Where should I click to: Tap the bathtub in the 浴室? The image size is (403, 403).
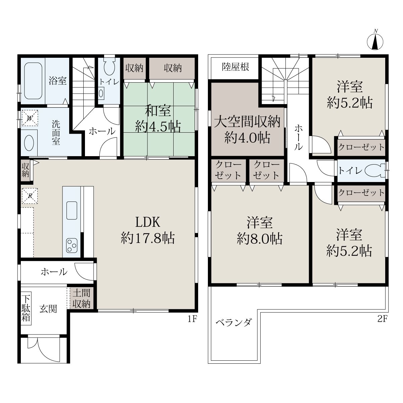(x=33, y=81)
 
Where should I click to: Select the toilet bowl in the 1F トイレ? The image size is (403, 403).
(x=109, y=66)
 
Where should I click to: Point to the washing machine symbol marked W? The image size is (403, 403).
(x=30, y=118)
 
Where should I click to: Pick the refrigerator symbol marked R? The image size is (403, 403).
(x=30, y=196)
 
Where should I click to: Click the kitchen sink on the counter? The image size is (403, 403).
(x=72, y=210)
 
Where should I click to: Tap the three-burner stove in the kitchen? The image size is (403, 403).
(x=72, y=245)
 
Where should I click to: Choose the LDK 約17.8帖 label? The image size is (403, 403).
(x=148, y=230)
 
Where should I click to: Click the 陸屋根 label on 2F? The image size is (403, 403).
(x=235, y=67)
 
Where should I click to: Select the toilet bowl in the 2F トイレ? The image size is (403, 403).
(x=375, y=171)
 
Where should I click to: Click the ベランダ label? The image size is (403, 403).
(x=234, y=323)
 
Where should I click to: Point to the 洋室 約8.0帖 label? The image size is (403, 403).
(x=260, y=231)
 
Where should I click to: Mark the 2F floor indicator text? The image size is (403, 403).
(x=383, y=319)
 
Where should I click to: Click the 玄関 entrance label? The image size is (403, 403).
(x=48, y=309)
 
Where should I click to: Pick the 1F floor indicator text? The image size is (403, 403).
(x=192, y=319)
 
